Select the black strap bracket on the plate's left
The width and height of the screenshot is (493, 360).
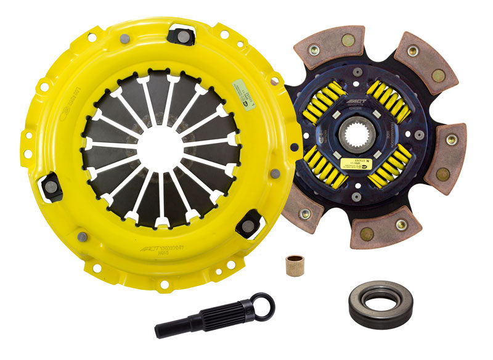(51, 184)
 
